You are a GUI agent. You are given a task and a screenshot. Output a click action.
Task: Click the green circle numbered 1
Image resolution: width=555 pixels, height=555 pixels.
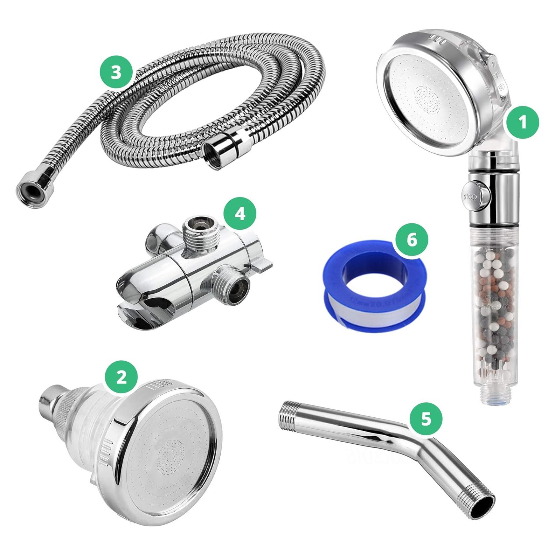[x=522, y=123]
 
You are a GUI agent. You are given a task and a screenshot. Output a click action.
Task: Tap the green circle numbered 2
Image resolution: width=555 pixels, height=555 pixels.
[x=121, y=378]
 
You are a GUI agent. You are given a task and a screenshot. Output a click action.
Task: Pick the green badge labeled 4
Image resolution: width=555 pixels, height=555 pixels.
[x=240, y=214]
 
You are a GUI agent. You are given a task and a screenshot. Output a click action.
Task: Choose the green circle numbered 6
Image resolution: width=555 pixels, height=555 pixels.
[x=412, y=241]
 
